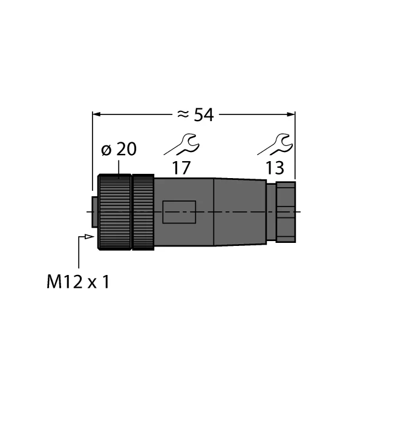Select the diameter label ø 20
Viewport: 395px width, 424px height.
pos(119,149)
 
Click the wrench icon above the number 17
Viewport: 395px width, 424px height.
pos(182,145)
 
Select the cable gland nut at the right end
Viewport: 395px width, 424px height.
pos(286,211)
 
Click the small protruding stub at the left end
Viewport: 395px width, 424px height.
pos(94,211)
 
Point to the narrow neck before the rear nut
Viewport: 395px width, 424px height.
pos(270,211)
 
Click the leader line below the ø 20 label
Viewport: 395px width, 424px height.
pos(130,167)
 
